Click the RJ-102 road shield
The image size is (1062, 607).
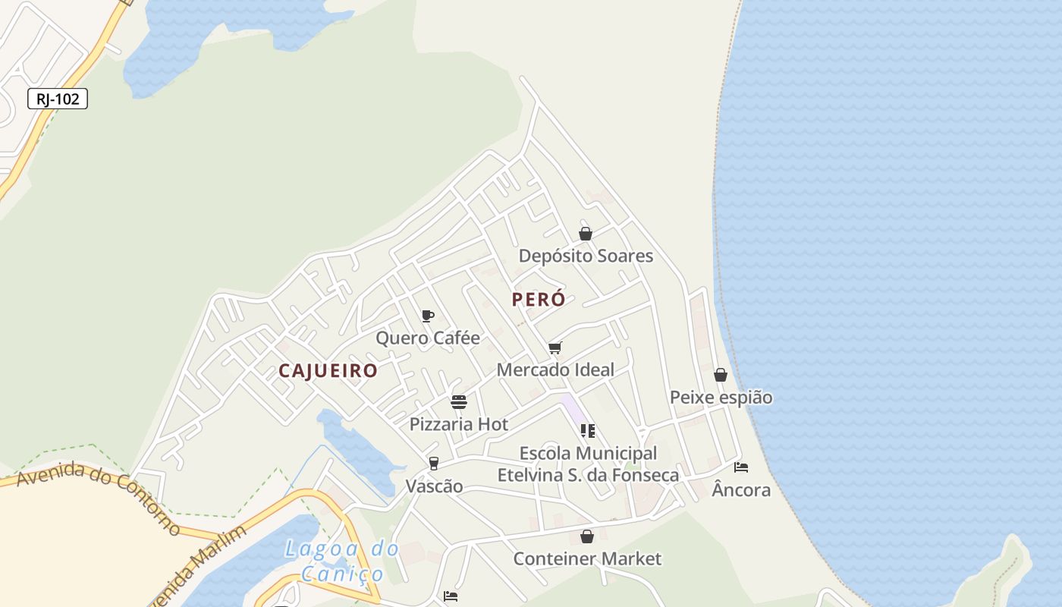(x=58, y=99)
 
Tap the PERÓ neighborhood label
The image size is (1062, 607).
(x=539, y=300)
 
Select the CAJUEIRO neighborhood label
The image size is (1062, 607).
(x=328, y=371)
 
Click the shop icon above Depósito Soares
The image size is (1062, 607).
(x=586, y=234)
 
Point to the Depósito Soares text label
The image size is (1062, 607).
(x=586, y=256)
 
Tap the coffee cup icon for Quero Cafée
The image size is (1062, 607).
(x=428, y=316)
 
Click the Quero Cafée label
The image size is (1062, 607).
(x=428, y=338)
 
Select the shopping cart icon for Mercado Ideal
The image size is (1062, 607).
(x=555, y=348)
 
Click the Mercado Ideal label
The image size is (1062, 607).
(x=555, y=370)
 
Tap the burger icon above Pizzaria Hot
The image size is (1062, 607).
(x=459, y=402)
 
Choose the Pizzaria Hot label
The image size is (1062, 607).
(x=459, y=424)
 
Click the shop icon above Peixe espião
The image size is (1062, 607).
(x=721, y=375)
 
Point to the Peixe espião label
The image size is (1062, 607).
(x=721, y=397)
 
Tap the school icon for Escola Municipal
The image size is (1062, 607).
(x=588, y=431)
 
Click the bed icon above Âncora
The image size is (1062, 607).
(x=741, y=467)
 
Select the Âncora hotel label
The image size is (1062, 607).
(x=741, y=490)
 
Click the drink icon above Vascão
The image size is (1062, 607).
(x=434, y=464)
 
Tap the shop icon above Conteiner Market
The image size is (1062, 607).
(x=587, y=536)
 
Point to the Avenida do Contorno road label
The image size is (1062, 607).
(x=99, y=498)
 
